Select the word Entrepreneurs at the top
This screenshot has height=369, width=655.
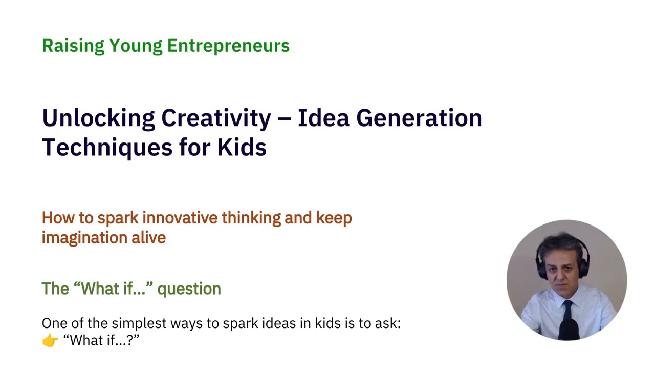click(228, 46)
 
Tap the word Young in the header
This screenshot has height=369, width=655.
click(135, 46)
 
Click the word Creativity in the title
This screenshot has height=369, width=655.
click(216, 118)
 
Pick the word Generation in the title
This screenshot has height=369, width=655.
click(419, 118)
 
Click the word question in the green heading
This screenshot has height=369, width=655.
click(189, 289)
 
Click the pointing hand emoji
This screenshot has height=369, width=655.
click(50, 340)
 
